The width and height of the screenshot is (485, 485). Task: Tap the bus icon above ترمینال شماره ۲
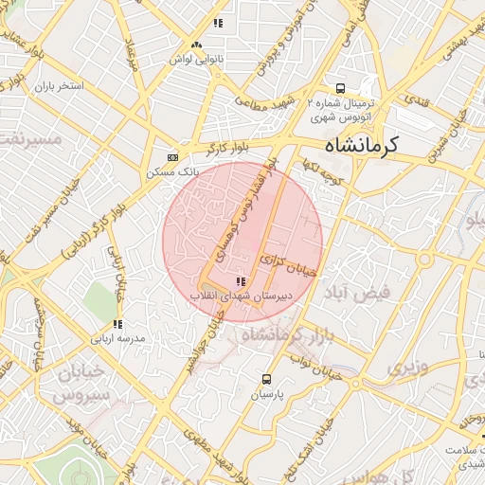coord(339,88)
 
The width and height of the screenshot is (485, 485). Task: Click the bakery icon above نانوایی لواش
coord(196,45)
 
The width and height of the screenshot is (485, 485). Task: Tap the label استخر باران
coord(59,86)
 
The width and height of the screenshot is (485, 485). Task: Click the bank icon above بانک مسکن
coord(172,157)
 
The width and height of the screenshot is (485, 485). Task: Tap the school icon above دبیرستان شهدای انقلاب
coord(239,281)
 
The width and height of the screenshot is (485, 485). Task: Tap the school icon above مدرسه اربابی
coord(106,323)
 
